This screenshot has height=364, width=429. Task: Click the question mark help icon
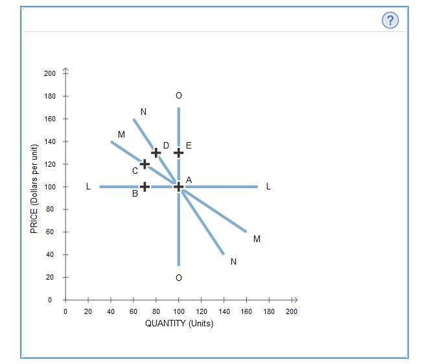pos(389,21)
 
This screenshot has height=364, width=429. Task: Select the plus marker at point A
pos(179,187)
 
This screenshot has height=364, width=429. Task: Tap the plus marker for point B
pos(145,187)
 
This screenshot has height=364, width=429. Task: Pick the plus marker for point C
pos(145,164)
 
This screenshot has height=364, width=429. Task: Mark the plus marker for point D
pos(156,152)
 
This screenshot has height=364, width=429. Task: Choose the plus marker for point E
pos(179,152)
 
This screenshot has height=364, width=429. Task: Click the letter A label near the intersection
pos(189,179)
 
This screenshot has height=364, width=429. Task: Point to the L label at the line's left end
pos(88,187)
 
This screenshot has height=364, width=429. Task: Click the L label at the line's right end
pos(269,187)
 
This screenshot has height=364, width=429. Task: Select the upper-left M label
pos(121,134)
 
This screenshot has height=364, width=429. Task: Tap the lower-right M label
pos(257,239)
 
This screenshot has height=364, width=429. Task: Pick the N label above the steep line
pos(143,112)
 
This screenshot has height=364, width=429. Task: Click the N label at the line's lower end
pos(233,261)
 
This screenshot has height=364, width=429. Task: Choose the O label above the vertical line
pos(179,96)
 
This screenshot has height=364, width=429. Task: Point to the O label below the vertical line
pos(179,278)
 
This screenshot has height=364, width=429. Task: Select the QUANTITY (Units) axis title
pos(179,324)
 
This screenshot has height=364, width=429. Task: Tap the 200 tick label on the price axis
pos(50,73)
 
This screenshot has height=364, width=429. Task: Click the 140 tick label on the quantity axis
pos(224,312)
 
